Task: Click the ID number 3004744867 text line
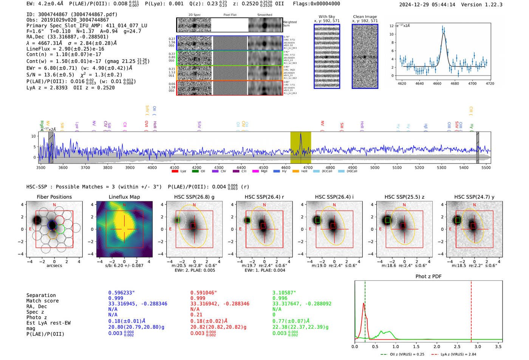[72, 14]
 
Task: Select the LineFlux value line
[65, 49]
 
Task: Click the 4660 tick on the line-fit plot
[437, 83]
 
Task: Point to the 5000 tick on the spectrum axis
[374, 167]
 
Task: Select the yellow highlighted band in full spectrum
[300, 147]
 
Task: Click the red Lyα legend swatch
[175, 172]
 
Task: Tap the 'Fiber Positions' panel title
[54, 197]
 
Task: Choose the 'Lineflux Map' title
[124, 197]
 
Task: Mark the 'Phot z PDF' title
[428, 276]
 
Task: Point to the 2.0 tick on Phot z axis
[437, 346]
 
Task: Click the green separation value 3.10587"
[284, 293]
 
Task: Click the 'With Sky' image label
[326, 17]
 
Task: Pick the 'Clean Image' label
[365, 17]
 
